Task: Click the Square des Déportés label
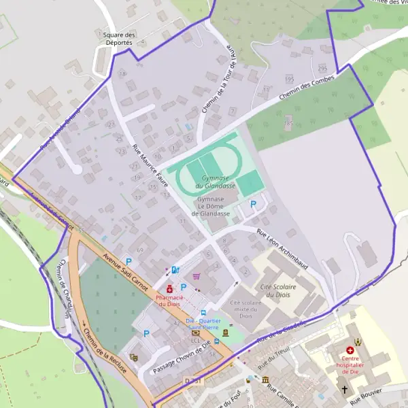pyautogui.click(x=120, y=38)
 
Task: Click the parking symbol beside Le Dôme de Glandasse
pyautogui.click(x=254, y=203)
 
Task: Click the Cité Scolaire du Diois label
pyautogui.click(x=278, y=291)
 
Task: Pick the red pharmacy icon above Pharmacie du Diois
pyautogui.click(x=169, y=289)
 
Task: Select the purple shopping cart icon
pyautogui.click(x=197, y=276)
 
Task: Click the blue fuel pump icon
pyautogui.click(x=175, y=270)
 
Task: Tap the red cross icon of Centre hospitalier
pyautogui.click(x=350, y=350)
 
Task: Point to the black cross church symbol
pyautogui.click(x=345, y=390)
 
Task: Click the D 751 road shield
pyautogui.click(x=193, y=381)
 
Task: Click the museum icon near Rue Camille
pyautogui.click(x=265, y=379)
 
